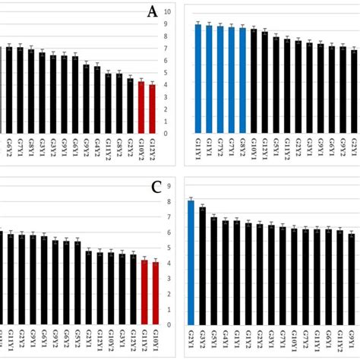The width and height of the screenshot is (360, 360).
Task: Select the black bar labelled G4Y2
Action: [97, 99]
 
